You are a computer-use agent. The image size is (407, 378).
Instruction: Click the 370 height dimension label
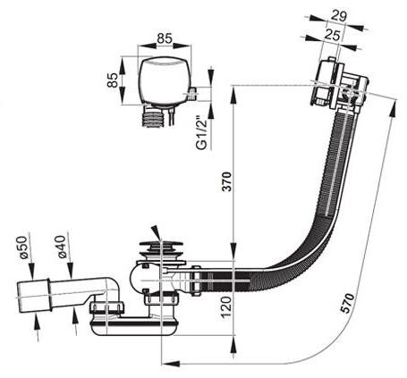point(227,181)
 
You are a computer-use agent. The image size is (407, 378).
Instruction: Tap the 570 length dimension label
point(348,303)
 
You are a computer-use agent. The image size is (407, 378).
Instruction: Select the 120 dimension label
point(226,307)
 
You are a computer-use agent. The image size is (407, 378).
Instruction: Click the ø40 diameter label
point(61,246)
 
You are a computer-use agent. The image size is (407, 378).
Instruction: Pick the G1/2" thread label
point(202,133)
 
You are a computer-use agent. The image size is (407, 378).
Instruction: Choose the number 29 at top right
point(339,16)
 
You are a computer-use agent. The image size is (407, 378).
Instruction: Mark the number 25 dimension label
point(332,35)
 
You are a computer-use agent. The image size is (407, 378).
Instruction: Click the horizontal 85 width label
point(165,38)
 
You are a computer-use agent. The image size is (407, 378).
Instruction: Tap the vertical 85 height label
point(113,80)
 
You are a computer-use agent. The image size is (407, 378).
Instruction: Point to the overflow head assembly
point(339,84)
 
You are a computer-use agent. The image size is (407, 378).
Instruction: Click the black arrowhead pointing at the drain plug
point(156,231)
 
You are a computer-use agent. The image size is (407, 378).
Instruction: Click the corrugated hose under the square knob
point(152,118)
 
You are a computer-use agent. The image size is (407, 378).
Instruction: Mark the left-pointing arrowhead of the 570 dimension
point(170,364)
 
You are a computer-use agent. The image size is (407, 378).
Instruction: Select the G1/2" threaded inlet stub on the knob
point(193,93)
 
